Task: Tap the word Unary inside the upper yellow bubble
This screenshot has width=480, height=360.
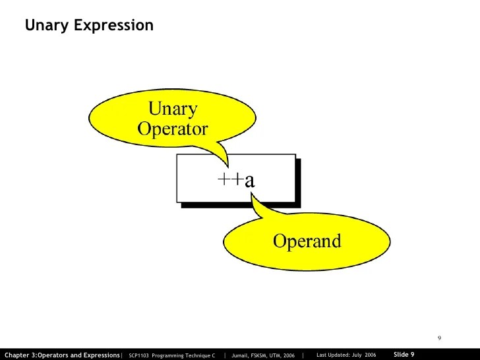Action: (173, 107)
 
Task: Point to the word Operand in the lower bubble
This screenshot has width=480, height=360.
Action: (307, 241)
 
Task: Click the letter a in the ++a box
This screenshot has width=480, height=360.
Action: (249, 180)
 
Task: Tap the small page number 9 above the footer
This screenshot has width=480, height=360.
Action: (439, 338)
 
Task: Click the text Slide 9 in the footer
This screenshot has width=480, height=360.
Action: (404, 355)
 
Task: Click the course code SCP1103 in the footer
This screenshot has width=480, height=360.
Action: (140, 355)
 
